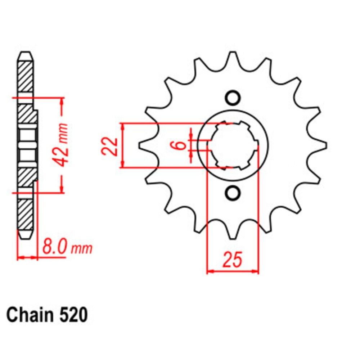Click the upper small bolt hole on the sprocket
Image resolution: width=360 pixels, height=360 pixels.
233,98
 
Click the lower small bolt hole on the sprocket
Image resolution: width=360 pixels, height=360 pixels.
233,193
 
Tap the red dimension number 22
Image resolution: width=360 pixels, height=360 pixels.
110,147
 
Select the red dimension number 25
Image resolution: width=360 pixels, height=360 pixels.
233,260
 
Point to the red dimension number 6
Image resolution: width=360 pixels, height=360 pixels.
181,145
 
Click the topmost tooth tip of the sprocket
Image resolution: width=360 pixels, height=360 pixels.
233,53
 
